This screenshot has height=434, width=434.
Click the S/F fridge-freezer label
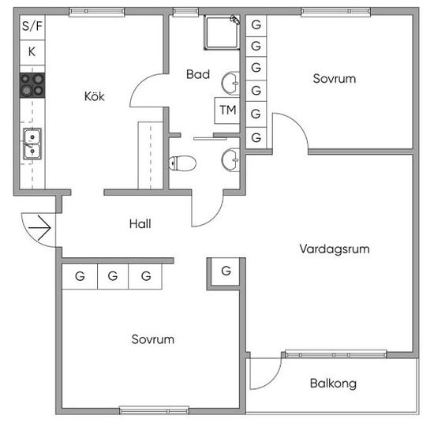tap(32, 26)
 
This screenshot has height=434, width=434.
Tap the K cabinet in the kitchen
tap(32, 53)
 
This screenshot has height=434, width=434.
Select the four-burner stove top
tap(32, 85)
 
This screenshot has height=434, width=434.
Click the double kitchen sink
tap(32, 144)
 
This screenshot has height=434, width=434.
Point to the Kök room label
tap(95, 96)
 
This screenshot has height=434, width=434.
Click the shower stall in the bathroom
tap(222, 32)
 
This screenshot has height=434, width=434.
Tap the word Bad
tap(198, 74)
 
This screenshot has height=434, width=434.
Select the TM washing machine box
tap(227, 110)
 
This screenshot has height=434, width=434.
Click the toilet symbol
tap(182, 163)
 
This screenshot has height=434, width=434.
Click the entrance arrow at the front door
tap(39, 228)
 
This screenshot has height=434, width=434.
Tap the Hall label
tap(140, 223)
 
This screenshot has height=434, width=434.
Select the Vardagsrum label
tap(335, 249)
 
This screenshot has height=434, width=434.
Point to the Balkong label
tap(333, 383)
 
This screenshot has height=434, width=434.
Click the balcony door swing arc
tap(273, 380)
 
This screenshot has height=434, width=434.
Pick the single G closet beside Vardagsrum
tap(226, 271)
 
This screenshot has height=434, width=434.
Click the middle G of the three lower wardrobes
tap(113, 276)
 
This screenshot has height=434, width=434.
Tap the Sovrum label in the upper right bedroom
tap(335, 79)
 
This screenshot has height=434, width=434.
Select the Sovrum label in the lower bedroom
tap(153, 339)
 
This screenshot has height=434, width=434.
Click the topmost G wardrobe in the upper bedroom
tap(256, 25)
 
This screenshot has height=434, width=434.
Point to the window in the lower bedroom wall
tap(154, 410)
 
